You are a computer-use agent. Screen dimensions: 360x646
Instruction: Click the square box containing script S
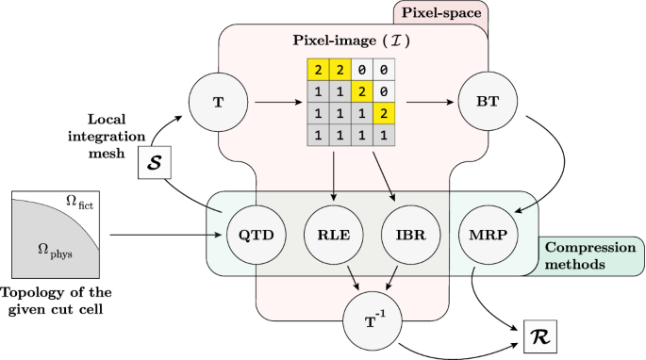[x=157, y=162]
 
